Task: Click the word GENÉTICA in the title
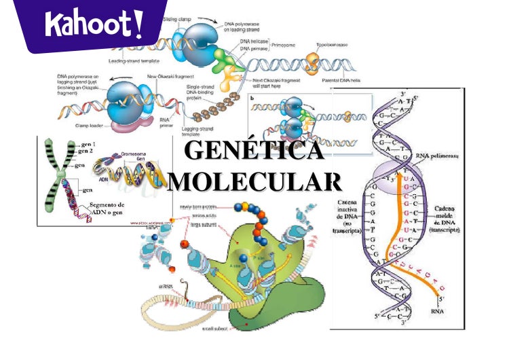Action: click(x=254, y=151)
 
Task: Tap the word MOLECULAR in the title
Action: click(x=254, y=181)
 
